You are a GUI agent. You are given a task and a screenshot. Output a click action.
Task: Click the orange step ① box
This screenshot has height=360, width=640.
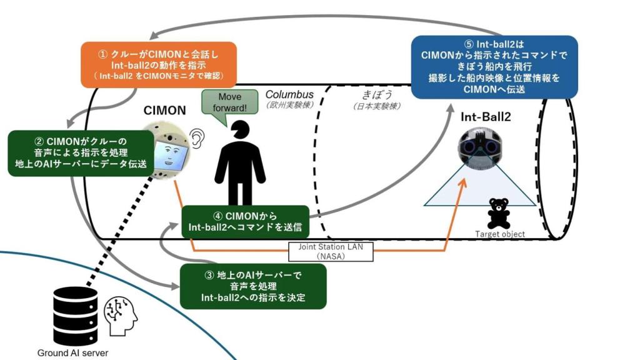159,64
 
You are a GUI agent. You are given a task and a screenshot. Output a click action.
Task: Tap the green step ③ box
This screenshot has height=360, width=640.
253,286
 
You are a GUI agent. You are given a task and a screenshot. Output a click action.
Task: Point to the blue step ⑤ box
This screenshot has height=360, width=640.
494,66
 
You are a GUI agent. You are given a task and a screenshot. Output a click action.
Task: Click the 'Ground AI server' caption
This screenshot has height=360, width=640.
72,352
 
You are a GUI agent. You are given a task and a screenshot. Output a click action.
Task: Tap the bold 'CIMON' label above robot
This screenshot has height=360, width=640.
165,110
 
